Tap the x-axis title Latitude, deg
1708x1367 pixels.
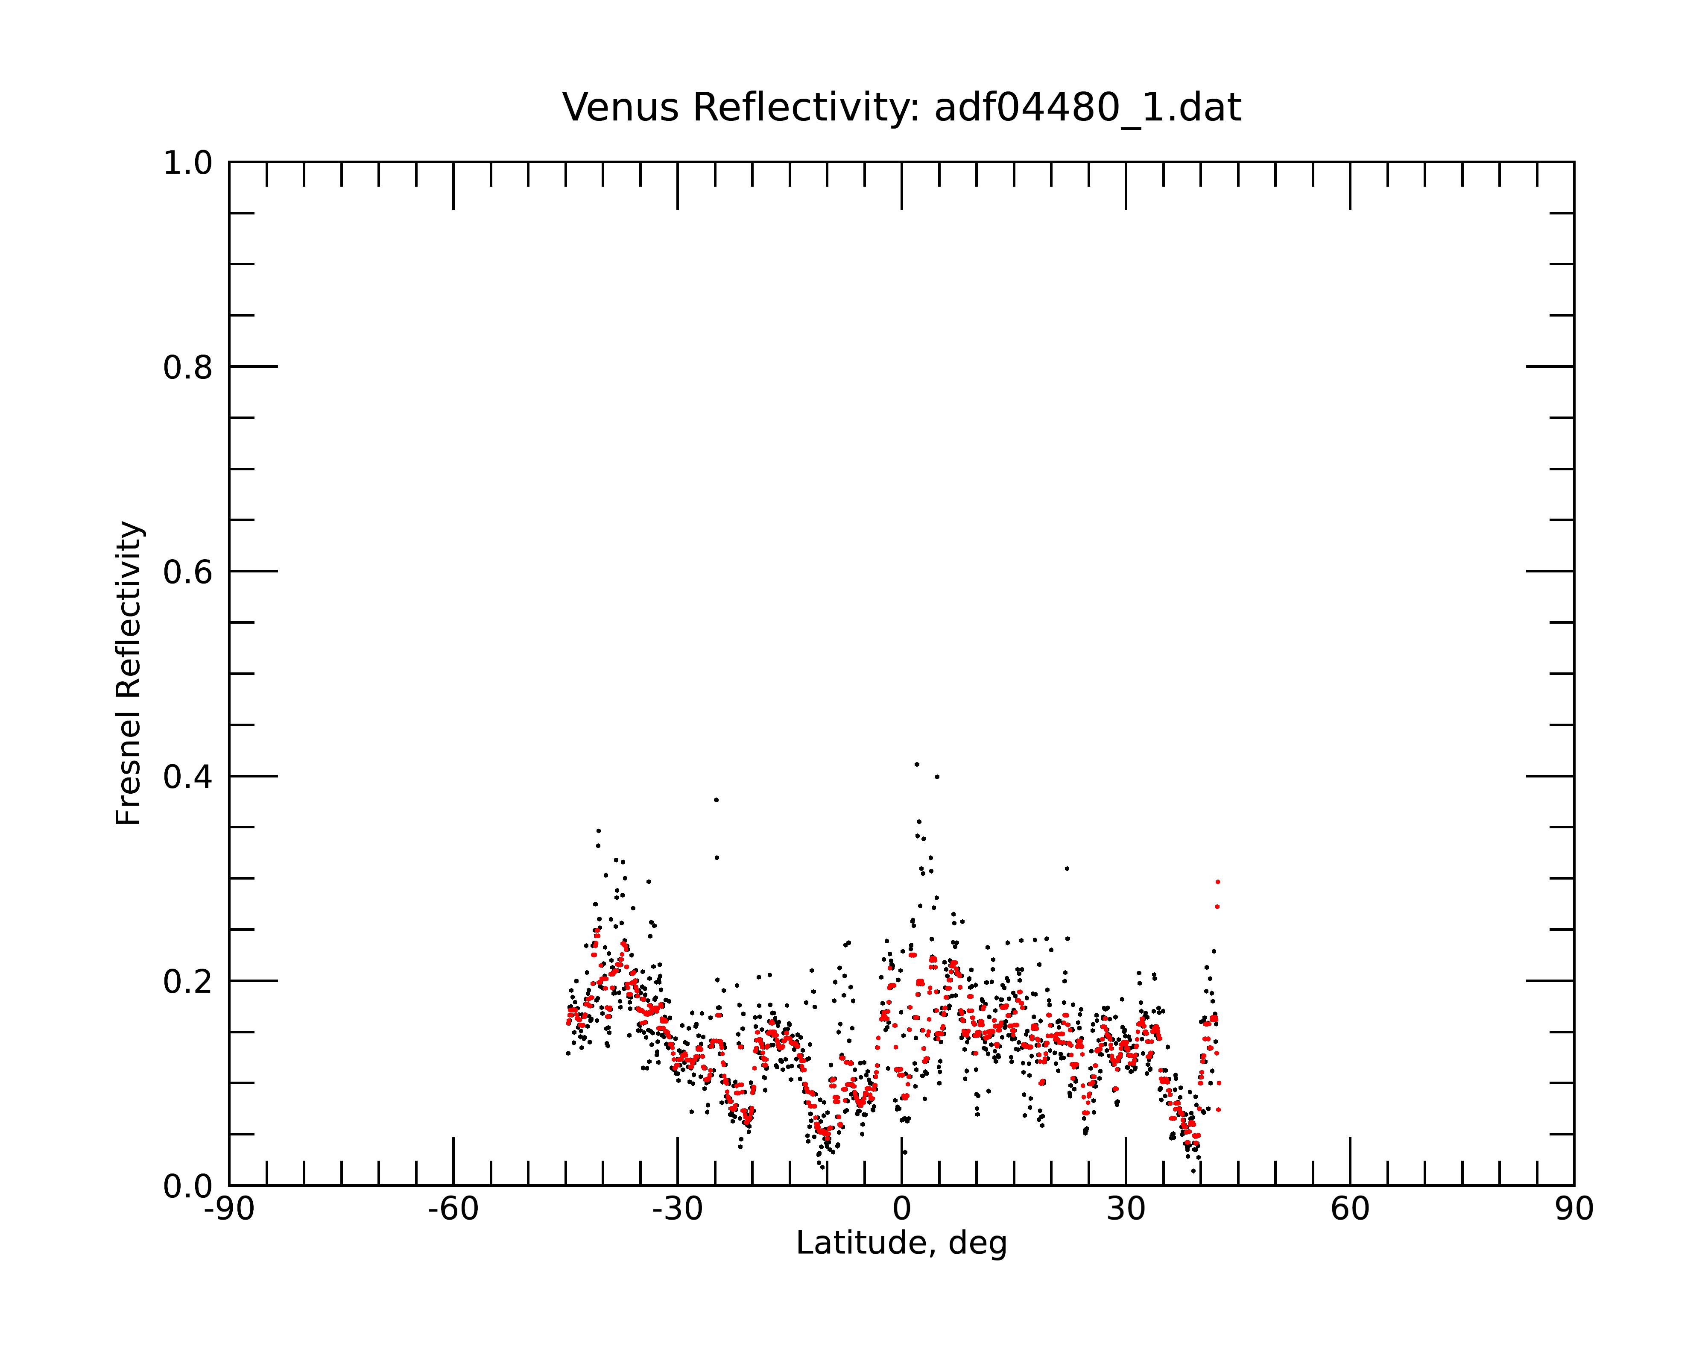[901, 1244]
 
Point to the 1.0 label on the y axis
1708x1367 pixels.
[188, 163]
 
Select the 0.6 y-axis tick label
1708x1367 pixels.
[188, 572]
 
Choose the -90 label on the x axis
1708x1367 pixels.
[229, 1209]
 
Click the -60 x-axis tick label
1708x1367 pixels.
[453, 1209]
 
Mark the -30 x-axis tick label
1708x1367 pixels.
[677, 1209]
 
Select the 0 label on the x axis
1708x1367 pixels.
[901, 1209]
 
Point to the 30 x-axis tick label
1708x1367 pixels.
[1126, 1209]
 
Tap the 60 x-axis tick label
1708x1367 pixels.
[1350, 1209]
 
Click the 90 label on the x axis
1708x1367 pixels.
[1574, 1209]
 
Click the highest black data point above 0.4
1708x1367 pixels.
[917, 764]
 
